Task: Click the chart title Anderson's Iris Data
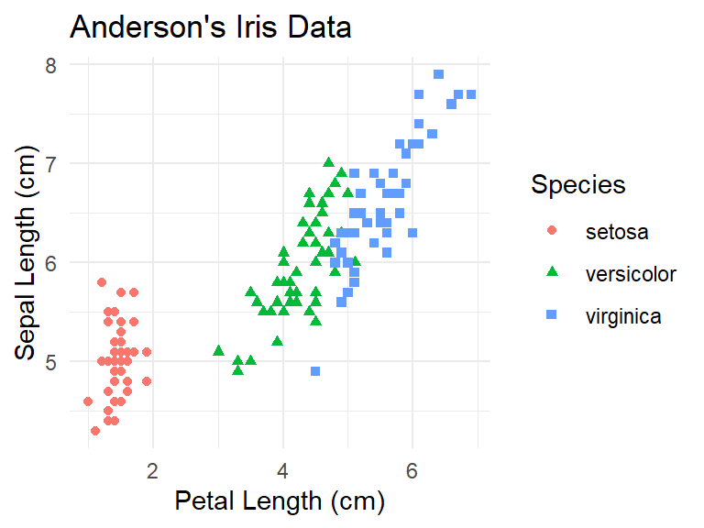(x=210, y=27)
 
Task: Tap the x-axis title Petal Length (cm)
(x=279, y=501)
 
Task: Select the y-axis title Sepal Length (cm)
(x=33, y=258)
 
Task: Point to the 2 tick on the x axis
(x=153, y=471)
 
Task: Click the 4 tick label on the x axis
(x=283, y=471)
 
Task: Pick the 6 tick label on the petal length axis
(x=412, y=471)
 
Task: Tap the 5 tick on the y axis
(x=51, y=361)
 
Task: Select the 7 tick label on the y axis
(x=51, y=163)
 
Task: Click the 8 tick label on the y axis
(x=51, y=65)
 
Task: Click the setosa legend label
(x=617, y=232)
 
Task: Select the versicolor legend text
(x=631, y=274)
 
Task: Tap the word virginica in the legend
(x=623, y=317)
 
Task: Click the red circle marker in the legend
(x=552, y=232)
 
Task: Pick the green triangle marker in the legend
(x=552, y=274)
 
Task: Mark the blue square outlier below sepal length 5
(x=315, y=371)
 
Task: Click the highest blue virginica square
(x=439, y=74)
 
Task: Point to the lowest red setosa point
(x=95, y=430)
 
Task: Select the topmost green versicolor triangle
(x=329, y=162)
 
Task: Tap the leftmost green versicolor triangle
(x=218, y=350)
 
